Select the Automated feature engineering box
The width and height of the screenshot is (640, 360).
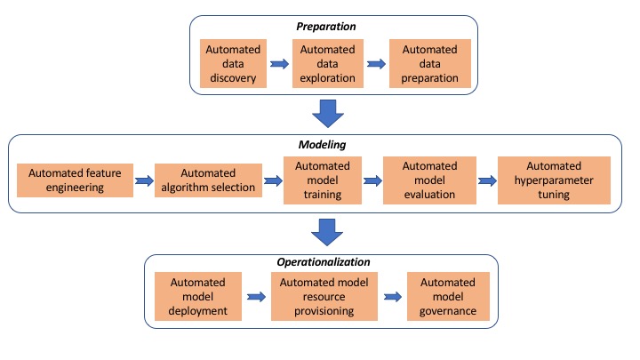pyautogui.click(x=74, y=180)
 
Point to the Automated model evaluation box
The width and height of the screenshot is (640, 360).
pyautogui.click(x=429, y=180)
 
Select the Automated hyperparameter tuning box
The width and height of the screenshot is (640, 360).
pyautogui.click(x=554, y=180)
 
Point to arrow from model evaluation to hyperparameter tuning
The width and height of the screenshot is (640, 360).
pyautogui.click(x=487, y=180)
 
